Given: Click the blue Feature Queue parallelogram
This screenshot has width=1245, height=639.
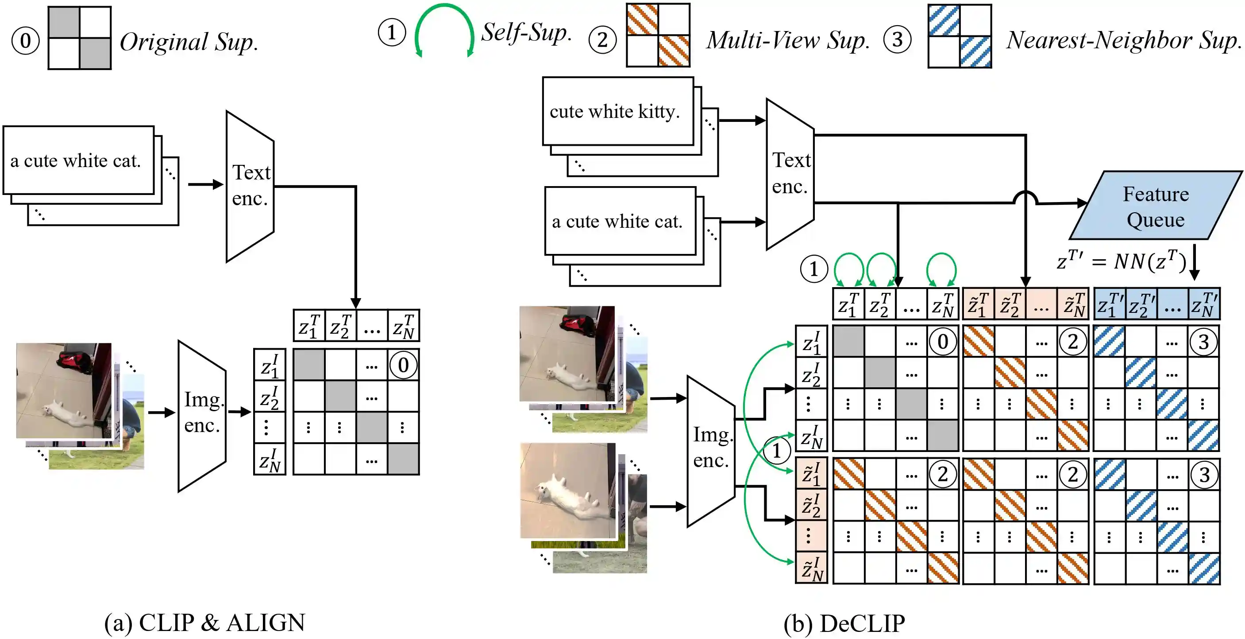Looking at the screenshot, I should [x=1155, y=206].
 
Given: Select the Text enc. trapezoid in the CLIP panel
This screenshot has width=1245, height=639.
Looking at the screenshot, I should [x=250, y=186].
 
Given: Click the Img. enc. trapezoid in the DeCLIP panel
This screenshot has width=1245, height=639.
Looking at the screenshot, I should [x=711, y=450].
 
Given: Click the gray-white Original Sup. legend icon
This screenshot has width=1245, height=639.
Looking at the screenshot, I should [x=80, y=38].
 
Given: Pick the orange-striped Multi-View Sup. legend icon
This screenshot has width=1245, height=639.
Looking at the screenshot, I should [x=658, y=35].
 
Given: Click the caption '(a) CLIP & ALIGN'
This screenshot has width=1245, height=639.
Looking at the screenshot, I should [x=205, y=623].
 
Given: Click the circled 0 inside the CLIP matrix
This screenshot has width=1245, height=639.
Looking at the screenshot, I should [x=403, y=365].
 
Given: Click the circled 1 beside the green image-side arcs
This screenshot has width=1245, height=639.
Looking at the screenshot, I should [x=776, y=451].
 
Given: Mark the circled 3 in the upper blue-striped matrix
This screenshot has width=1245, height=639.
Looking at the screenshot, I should [x=1203, y=343].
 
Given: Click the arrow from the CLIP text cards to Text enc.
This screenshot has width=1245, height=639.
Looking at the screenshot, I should [x=205, y=184].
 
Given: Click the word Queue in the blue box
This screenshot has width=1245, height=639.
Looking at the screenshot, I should [x=1155, y=220].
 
